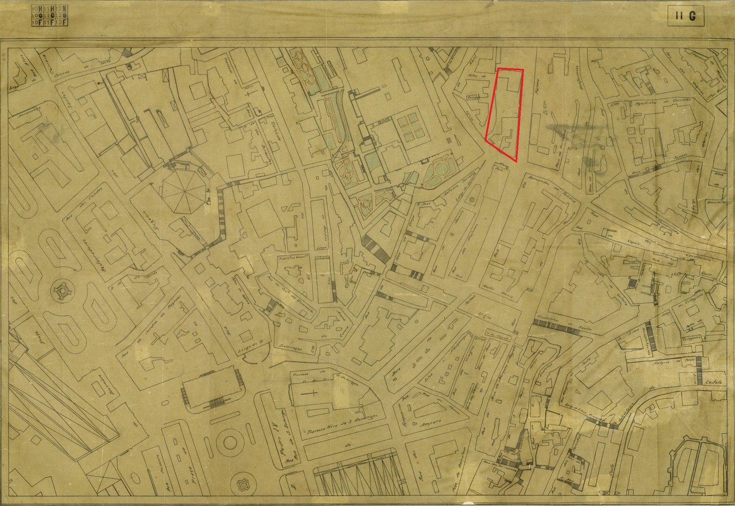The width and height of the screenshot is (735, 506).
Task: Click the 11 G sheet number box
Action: click(x=686, y=16)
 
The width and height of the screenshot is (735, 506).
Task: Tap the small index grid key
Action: click(x=50, y=16)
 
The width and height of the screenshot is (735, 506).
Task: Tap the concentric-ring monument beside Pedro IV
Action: click(x=230, y=442)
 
